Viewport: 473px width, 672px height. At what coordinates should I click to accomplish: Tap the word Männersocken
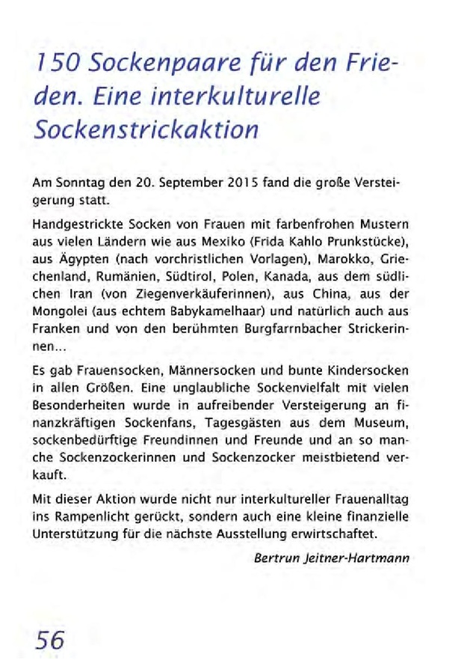pos(196,372)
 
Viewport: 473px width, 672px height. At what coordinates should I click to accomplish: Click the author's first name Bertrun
pos(276,558)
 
